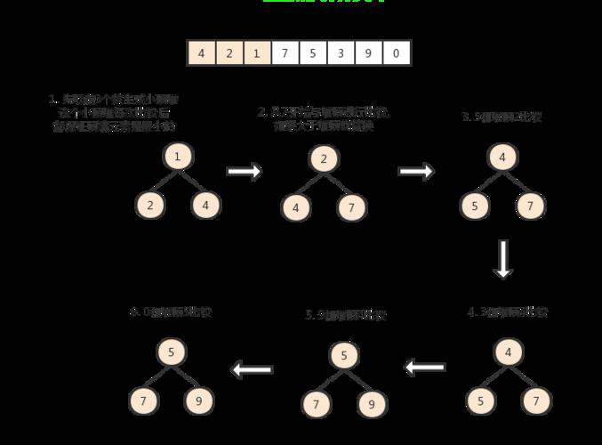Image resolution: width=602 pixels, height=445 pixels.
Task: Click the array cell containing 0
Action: (396, 53)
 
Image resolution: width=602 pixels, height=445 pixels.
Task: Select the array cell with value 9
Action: (368, 53)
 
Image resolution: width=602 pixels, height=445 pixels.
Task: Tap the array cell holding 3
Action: (341, 53)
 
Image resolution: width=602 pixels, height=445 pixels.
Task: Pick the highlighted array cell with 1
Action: (257, 53)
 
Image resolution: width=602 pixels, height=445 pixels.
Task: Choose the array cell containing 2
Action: (229, 53)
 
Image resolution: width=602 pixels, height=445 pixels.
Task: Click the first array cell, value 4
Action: (202, 53)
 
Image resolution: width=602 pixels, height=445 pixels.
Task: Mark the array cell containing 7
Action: (285, 53)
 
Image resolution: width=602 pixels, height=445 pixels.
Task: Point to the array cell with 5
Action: (313, 53)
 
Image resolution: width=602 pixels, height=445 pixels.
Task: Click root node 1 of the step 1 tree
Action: (178, 158)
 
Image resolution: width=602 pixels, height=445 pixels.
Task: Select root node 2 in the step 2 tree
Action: (325, 159)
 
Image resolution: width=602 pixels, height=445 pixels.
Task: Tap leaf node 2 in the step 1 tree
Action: (150, 206)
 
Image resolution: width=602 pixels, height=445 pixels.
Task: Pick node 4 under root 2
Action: (296, 208)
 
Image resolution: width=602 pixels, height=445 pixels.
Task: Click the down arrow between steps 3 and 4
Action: (503, 258)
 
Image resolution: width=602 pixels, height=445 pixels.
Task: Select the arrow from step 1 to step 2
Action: (245, 172)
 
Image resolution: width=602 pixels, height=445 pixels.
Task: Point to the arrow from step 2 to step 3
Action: (416, 172)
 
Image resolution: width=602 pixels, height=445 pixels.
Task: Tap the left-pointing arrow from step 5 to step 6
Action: (252, 368)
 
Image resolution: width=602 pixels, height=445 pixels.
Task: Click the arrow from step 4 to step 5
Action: (425, 367)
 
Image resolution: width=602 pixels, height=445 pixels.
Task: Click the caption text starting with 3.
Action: (502, 117)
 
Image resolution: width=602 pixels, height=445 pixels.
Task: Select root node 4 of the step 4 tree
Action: (509, 353)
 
